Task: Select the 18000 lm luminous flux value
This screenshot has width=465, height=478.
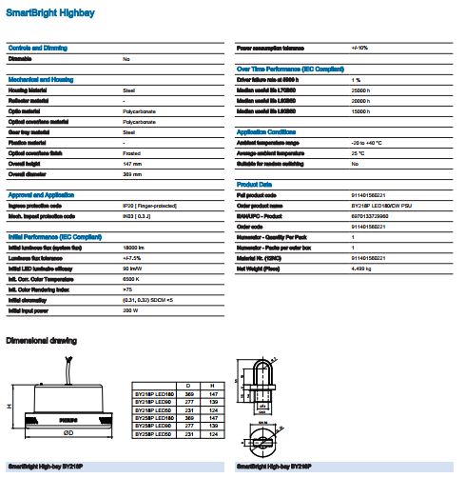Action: (135, 247)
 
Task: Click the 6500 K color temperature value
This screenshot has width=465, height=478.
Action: (132, 278)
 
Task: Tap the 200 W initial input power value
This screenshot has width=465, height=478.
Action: (131, 310)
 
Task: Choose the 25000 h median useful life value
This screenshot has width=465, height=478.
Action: (362, 90)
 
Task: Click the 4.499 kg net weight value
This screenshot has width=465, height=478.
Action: (364, 269)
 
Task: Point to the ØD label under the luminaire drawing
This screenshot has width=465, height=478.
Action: (68, 433)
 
